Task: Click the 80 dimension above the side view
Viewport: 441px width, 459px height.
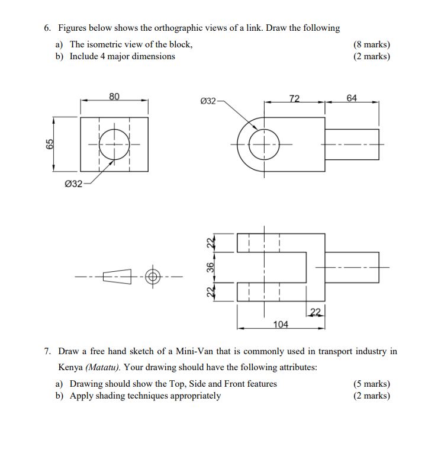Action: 114,96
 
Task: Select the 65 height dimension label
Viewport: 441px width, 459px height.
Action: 50,143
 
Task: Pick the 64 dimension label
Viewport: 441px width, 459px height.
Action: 352,98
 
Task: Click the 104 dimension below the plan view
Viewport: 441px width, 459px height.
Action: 281,324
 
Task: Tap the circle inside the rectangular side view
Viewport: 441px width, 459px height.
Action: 114,144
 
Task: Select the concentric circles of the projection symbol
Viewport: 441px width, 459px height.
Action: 153,277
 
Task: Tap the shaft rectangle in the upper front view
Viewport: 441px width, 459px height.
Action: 352,144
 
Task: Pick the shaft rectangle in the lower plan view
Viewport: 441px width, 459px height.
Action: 352,268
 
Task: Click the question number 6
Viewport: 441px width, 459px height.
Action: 47,28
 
